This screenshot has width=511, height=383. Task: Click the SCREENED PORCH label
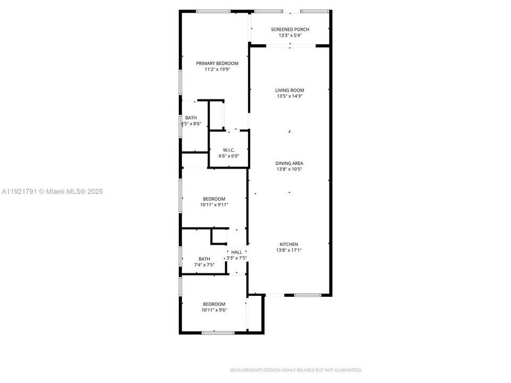(x=290, y=29)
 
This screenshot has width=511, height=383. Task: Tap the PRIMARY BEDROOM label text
(x=217, y=63)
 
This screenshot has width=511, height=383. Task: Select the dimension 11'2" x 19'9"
(x=217, y=70)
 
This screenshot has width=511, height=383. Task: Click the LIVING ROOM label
(x=290, y=90)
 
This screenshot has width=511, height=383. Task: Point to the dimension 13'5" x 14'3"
(x=290, y=97)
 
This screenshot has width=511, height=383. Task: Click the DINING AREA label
(x=290, y=163)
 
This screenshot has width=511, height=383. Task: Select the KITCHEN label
(x=289, y=244)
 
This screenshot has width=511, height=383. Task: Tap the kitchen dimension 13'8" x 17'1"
(x=289, y=251)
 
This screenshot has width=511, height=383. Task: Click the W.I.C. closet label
(x=229, y=150)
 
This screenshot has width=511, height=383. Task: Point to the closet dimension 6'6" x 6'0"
(x=229, y=156)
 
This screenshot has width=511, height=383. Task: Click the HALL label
(x=236, y=252)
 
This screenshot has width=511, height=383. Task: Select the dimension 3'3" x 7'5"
(x=236, y=258)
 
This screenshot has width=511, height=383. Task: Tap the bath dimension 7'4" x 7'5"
(x=204, y=265)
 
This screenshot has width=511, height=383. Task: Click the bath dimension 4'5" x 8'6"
(x=191, y=124)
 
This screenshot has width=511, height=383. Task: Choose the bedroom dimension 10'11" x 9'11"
(x=214, y=205)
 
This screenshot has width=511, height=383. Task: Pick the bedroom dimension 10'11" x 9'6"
(x=214, y=310)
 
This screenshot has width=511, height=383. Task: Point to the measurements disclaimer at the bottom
(x=295, y=370)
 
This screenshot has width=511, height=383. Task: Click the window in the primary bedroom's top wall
(x=213, y=11)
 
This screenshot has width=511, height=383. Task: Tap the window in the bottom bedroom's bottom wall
(x=218, y=332)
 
